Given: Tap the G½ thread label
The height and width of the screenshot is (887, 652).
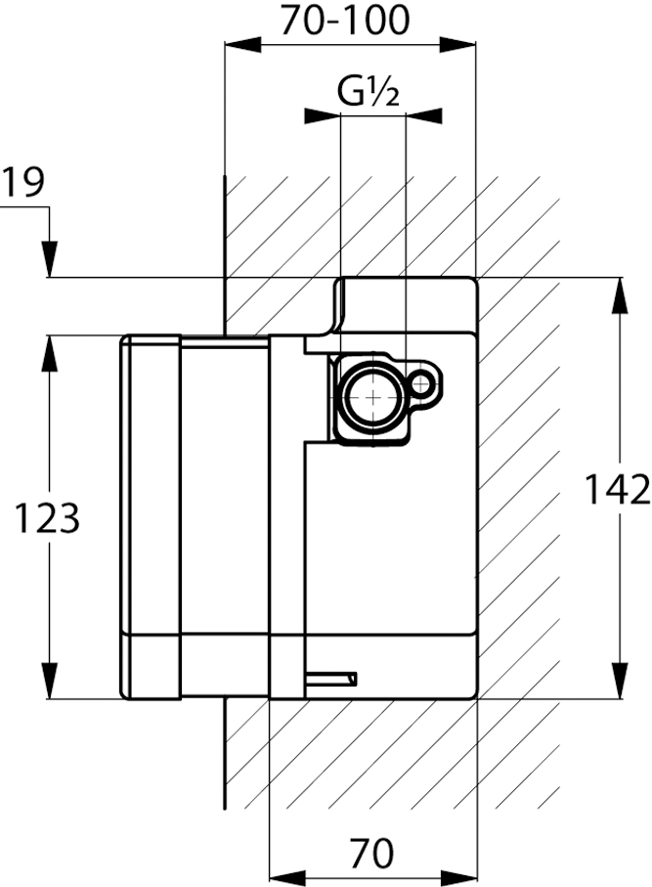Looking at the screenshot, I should click(x=369, y=92).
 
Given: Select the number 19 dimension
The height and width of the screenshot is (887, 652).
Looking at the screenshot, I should click(x=23, y=183).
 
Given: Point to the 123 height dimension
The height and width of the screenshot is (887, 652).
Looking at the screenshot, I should click(x=47, y=518).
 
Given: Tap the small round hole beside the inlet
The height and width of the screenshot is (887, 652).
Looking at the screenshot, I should click(x=423, y=381).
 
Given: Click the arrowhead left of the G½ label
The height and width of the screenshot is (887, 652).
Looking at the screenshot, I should click(x=322, y=116).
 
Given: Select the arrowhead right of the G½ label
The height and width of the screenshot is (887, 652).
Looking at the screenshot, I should click(x=422, y=116).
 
